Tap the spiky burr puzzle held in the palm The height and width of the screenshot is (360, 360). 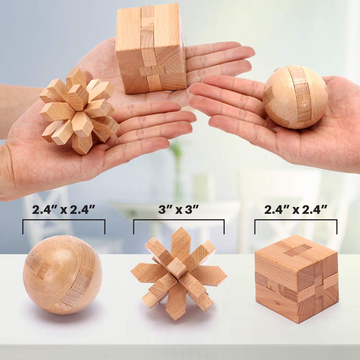[x=79, y=110]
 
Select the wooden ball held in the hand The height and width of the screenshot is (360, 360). [x=296, y=97]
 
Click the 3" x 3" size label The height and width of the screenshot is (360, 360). [x=179, y=210]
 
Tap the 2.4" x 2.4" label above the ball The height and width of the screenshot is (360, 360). [x=63, y=210]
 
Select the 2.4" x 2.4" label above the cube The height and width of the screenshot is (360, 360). [x=296, y=210]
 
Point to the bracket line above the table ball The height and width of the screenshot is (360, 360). [x=64, y=220]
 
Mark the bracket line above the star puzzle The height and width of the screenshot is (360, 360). [x=179, y=220]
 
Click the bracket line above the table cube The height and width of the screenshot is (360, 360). [x=296, y=220]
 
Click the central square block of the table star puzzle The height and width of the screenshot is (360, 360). [x=177, y=267]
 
